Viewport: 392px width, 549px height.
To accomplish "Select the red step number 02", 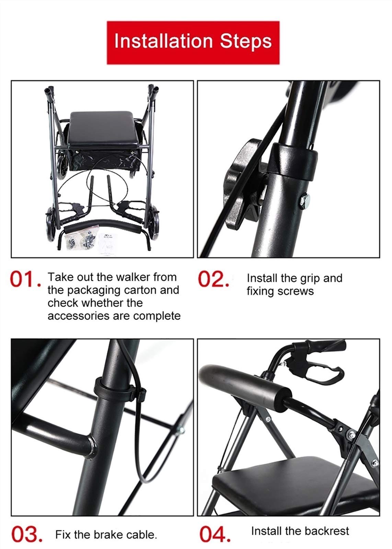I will pyautogui.click(x=213, y=279).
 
